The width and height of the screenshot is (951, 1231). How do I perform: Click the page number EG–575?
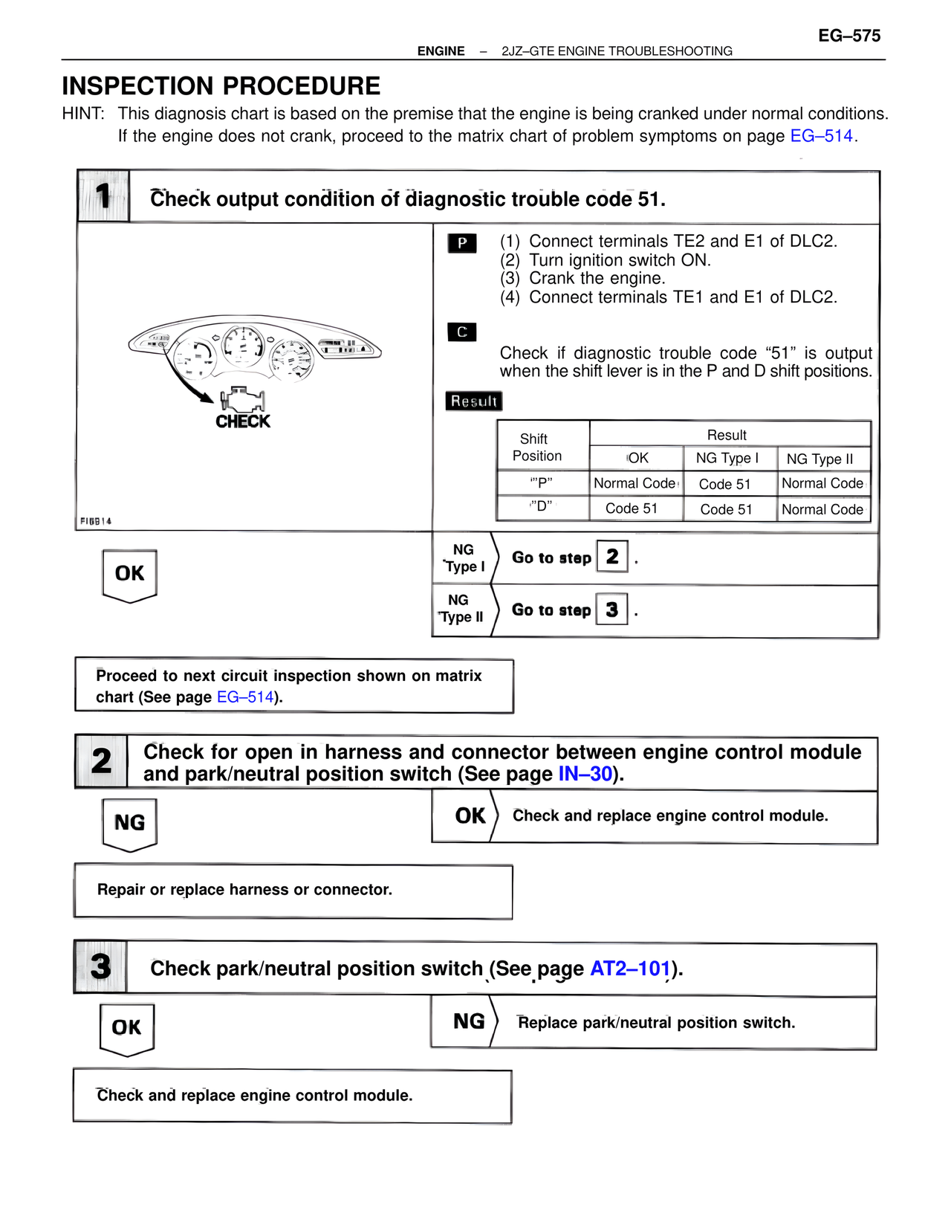(849, 36)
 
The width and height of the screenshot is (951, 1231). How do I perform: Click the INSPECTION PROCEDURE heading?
(221, 86)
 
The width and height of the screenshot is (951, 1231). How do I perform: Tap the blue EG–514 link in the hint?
(821, 136)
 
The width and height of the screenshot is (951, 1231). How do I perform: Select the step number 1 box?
(103, 196)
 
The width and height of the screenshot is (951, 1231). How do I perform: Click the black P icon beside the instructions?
(462, 243)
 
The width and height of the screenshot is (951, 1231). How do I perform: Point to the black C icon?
(462, 332)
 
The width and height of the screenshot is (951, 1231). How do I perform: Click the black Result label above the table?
(474, 401)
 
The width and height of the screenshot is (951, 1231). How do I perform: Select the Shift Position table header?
(537, 448)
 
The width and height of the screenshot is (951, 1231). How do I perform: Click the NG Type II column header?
(819, 459)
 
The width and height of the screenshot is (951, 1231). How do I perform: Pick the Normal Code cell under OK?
(634, 483)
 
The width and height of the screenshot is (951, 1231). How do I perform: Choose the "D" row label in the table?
(542, 506)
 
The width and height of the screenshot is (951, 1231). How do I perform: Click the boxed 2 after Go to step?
(612, 557)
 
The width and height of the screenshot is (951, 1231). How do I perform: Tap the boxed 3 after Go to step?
(612, 610)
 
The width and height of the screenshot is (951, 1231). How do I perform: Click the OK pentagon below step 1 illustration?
(129, 574)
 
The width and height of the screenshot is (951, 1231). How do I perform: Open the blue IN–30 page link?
(585, 775)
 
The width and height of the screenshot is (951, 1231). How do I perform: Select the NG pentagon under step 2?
(129, 823)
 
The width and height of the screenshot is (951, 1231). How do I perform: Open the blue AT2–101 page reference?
(630, 969)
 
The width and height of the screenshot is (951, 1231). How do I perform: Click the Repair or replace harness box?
(293, 891)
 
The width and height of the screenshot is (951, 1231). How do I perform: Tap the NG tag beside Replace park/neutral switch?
(469, 1022)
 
